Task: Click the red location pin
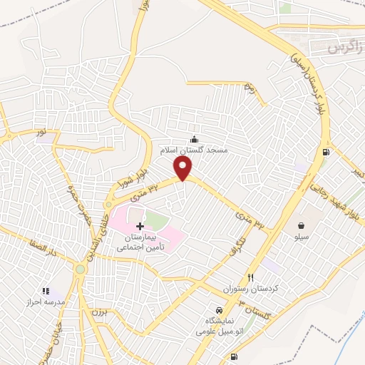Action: tap(183, 168)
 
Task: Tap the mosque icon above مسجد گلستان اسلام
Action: tap(194, 138)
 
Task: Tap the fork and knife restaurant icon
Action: tap(250, 277)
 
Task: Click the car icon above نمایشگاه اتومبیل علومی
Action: tap(219, 311)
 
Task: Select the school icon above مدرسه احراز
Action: tap(46, 291)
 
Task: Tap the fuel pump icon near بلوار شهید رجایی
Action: tap(327, 151)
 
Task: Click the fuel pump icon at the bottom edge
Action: tap(235, 357)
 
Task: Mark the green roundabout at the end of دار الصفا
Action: tap(80, 269)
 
